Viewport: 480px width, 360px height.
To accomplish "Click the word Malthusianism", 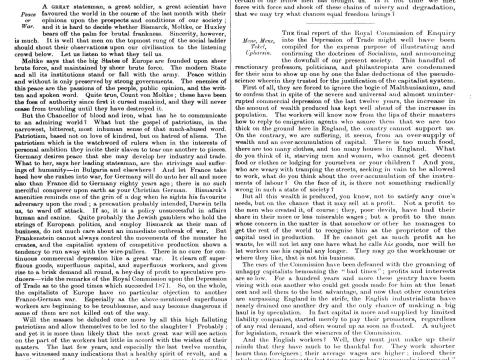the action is tap(401, 101).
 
